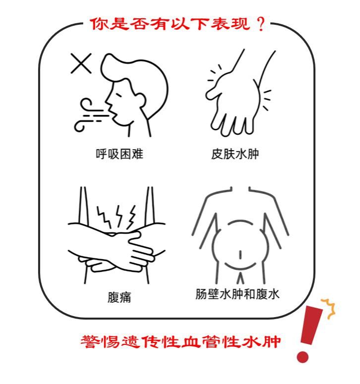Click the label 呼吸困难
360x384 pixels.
tap(120, 154)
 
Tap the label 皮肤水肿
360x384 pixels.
tap(235, 154)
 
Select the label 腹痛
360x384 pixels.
tap(120, 297)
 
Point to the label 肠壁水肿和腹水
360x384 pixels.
tap(237, 294)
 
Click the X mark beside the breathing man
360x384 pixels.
tap(81, 63)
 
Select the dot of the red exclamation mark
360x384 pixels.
tap(302, 357)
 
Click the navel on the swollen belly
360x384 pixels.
tap(240, 255)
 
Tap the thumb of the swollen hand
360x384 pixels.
tap(214, 91)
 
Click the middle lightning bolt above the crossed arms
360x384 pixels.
tap(119, 216)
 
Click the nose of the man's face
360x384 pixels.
tap(108, 101)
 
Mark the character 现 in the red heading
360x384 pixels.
tap(242, 24)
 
